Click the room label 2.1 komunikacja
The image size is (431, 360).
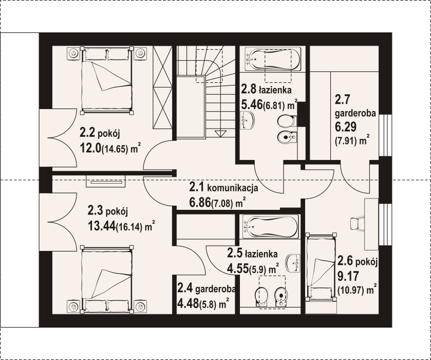coord(223,188)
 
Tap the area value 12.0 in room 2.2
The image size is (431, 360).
coord(90,149)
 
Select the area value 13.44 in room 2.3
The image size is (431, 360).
coord(101,226)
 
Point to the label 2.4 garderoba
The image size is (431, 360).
coord(207,289)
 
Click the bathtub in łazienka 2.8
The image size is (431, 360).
coord(273,59)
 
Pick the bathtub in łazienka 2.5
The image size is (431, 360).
coord(271,226)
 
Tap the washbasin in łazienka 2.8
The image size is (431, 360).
coord(248,120)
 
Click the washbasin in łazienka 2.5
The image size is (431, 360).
coord(293,262)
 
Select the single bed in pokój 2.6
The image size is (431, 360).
coord(321,267)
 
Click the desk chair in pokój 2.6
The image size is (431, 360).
coord(358,223)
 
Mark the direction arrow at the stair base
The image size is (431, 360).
coord(220,134)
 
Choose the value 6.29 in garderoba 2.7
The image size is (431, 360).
coord(346,127)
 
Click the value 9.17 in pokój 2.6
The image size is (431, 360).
coord(348,276)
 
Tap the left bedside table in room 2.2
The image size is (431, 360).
coord(73,53)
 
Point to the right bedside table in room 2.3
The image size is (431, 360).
coord(140,307)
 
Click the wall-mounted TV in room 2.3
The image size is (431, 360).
coord(106,182)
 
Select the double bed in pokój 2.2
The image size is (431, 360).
coord(106,80)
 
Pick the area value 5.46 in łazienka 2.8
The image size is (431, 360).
coord(252,105)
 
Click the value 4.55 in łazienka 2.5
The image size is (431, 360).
coord(238,268)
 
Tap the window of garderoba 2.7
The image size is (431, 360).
coord(385,135)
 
